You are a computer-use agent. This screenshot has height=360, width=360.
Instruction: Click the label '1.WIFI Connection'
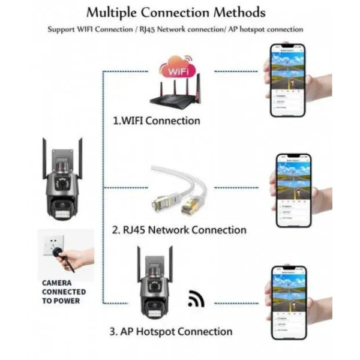click(157, 121)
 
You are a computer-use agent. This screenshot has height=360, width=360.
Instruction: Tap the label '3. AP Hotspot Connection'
click(170, 331)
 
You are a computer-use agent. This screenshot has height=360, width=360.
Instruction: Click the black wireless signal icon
click(196, 299)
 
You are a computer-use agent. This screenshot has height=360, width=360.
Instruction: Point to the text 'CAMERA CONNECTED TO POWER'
click(63, 292)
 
